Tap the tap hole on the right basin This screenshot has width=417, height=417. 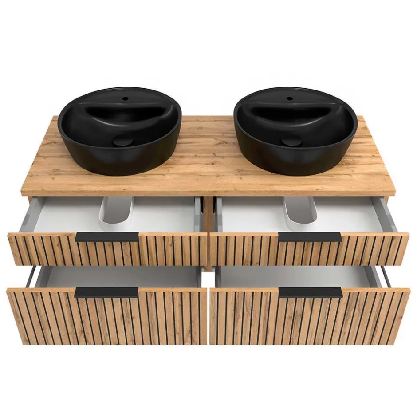click(289, 98)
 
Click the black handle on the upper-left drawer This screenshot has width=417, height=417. click(106, 237)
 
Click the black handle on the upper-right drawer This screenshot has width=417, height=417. click(310, 237)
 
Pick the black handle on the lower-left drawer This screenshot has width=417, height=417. click(106, 292)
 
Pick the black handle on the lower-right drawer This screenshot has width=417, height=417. click(311, 292)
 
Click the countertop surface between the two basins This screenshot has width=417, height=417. click(208, 151)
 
